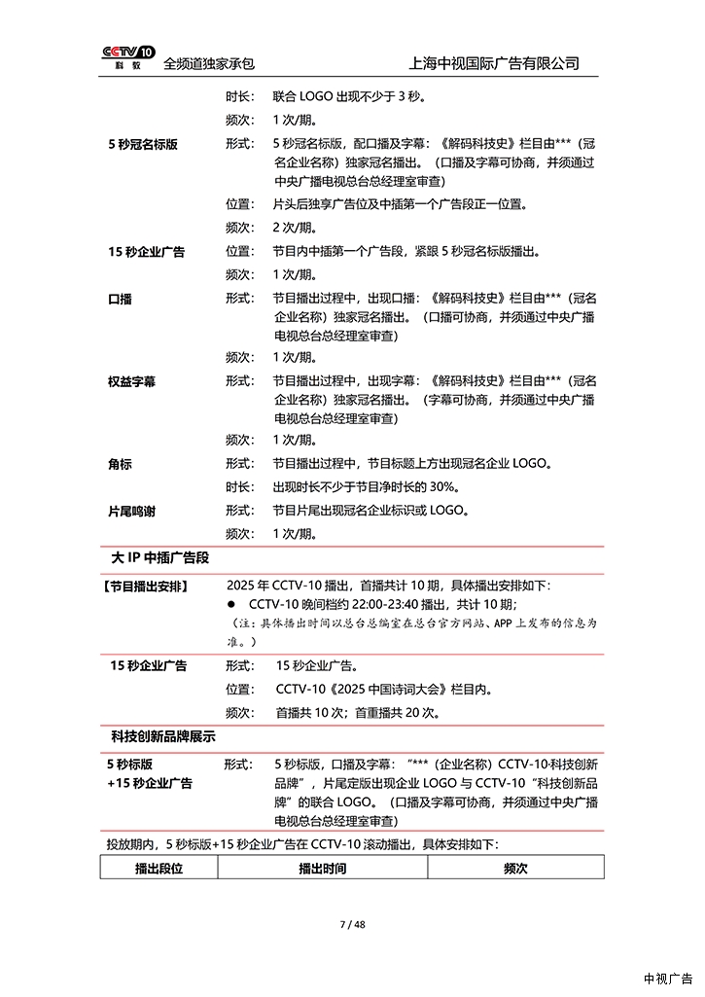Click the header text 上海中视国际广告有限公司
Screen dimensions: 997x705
pos(496,63)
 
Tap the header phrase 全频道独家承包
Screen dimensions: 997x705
pos(209,63)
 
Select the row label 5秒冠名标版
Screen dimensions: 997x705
pos(143,144)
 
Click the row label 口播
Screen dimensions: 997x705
pos(120,299)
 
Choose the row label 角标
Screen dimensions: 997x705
pos(120,464)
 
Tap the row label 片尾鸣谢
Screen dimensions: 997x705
pos(132,510)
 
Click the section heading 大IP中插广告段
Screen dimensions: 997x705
pos(160,558)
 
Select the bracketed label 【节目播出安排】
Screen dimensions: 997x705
pos(146,587)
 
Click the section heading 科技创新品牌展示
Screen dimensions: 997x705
pos(163,736)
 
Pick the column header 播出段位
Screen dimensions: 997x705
pos(159,869)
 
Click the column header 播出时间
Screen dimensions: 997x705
pos(322,869)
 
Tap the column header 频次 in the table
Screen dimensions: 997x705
pos(515,869)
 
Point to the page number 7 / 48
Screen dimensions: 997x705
pos(352,924)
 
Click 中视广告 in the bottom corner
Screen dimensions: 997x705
pos(668,979)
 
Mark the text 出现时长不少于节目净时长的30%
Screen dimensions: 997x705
pos(366,487)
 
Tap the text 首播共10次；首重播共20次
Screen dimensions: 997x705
pos(357,713)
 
